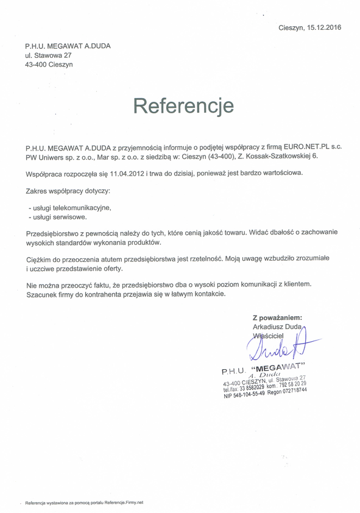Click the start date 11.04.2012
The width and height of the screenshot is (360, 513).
click(x=126, y=174)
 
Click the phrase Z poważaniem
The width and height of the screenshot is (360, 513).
click(x=277, y=317)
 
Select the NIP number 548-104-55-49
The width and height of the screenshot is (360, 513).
click(x=244, y=396)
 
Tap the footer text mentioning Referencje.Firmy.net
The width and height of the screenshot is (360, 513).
click(x=85, y=503)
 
